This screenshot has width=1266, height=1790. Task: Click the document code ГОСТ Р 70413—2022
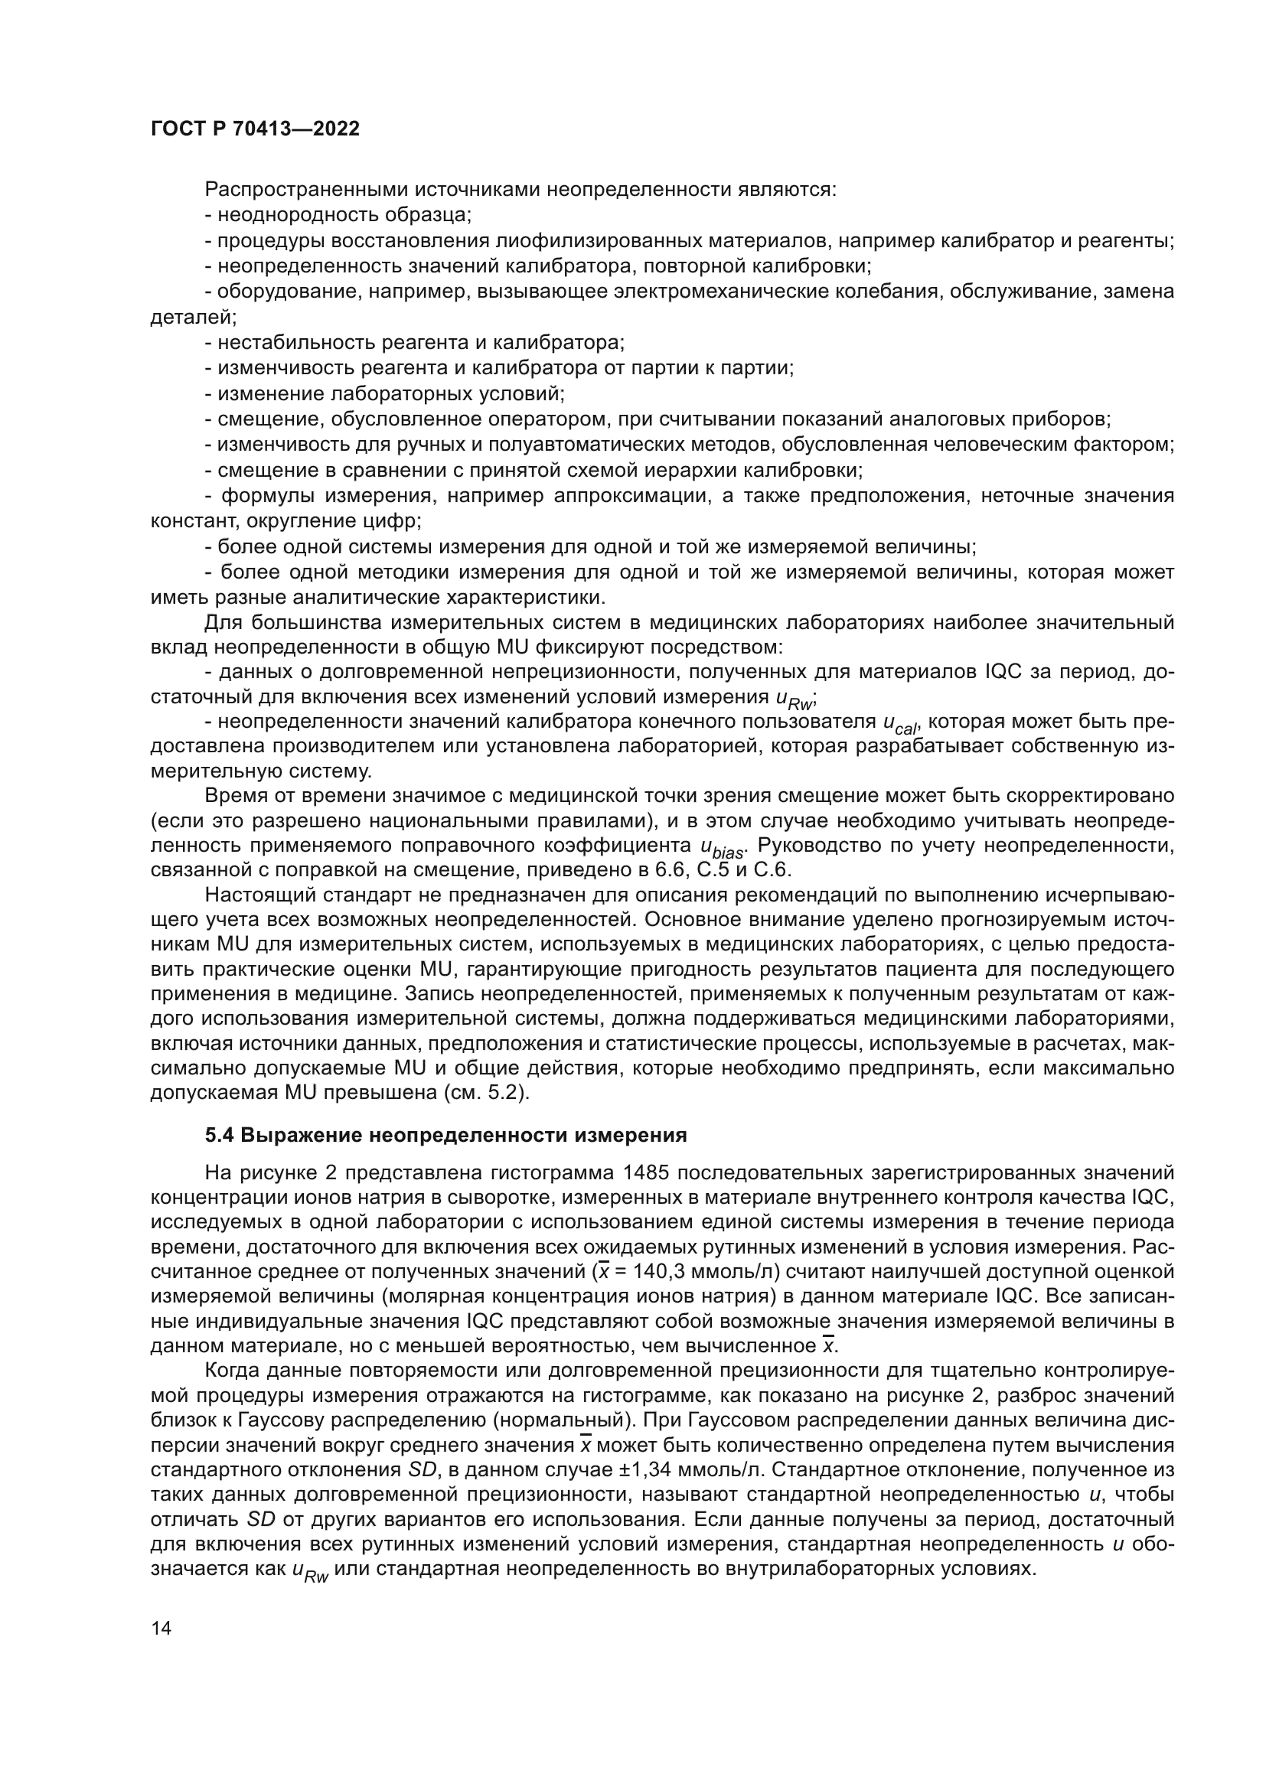[255, 129]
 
